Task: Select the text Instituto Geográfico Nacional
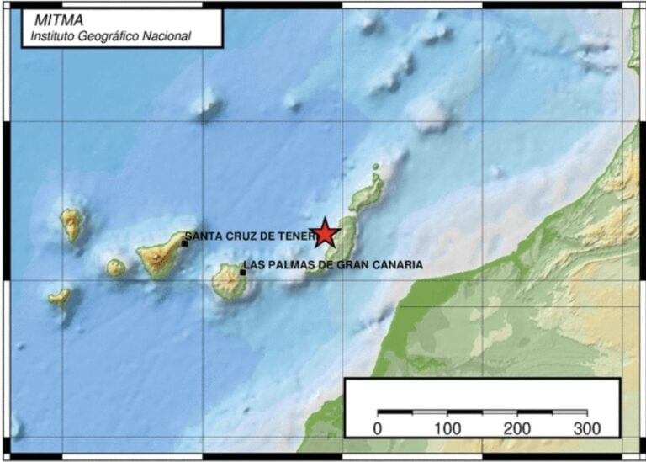(x=110, y=36)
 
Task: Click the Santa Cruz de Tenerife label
(x=249, y=236)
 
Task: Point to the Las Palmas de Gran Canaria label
(x=332, y=265)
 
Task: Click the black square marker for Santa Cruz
(x=184, y=243)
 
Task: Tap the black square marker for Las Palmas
(x=242, y=272)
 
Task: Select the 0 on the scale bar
(x=377, y=428)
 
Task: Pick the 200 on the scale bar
(x=516, y=428)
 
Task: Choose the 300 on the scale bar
(x=586, y=428)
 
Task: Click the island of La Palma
(x=71, y=224)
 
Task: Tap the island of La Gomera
(x=115, y=268)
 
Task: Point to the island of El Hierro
(x=60, y=296)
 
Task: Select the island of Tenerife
(x=160, y=255)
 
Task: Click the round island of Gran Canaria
(x=228, y=281)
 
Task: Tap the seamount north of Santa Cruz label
(x=206, y=105)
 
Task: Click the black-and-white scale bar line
(x=482, y=412)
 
